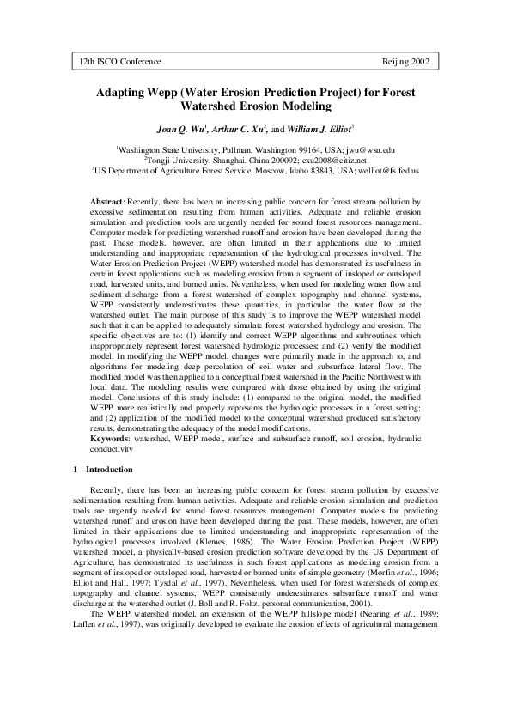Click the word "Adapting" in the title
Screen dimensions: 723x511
coord(125,91)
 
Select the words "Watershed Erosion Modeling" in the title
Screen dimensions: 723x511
coord(255,106)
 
